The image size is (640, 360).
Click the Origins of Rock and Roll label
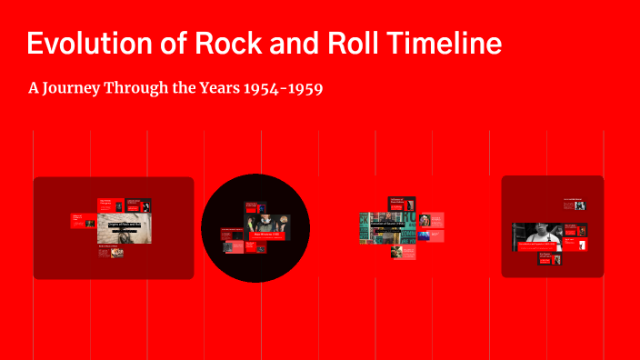(x=125, y=223)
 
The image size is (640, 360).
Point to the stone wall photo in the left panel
(x=127, y=233)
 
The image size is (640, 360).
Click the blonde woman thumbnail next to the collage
(x=425, y=219)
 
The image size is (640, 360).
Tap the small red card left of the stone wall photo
(x=83, y=220)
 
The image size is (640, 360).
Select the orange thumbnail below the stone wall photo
(x=116, y=252)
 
